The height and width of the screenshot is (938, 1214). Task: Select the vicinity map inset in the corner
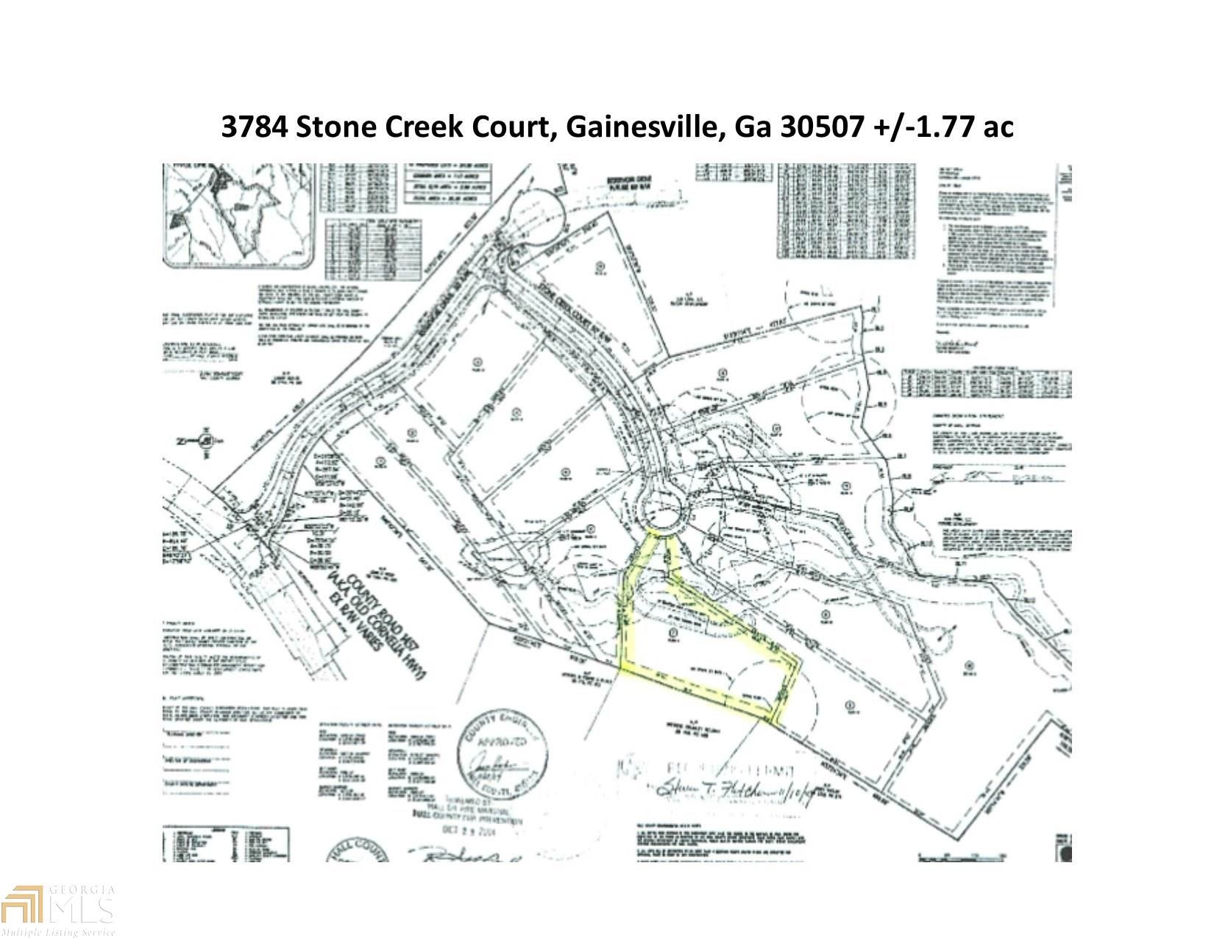point(239,216)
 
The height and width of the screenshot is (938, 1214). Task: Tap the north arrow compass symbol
point(207,441)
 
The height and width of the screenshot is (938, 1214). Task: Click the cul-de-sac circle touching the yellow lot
point(660,508)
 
